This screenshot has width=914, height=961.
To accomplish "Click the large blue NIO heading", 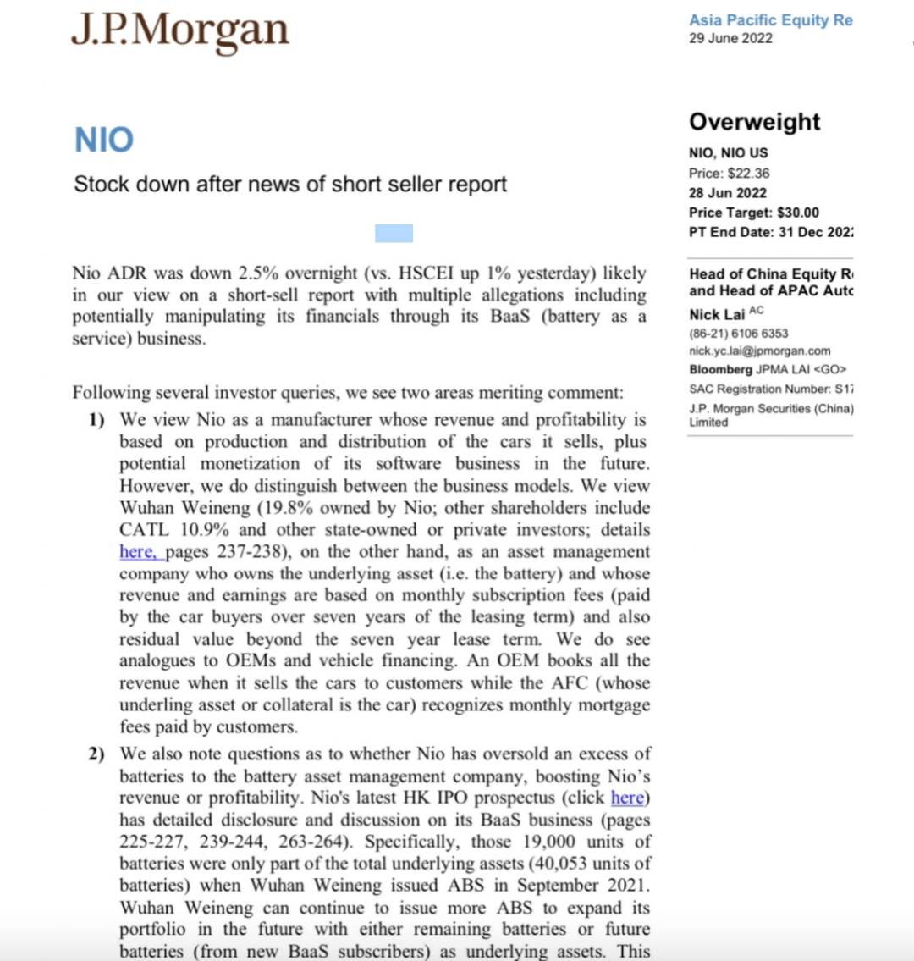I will [x=104, y=141].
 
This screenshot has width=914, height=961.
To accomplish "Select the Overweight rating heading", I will [x=754, y=122].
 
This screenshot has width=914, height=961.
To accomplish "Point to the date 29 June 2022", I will [x=730, y=38].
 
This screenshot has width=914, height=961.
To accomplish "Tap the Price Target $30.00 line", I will [x=753, y=213].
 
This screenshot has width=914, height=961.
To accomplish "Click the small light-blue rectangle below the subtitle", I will [x=394, y=233].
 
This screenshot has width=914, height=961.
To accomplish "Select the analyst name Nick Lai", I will [x=717, y=314].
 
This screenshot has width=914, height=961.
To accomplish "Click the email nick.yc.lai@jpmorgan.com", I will [x=759, y=351].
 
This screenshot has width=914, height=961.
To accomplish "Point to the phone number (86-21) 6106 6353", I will [x=738, y=334].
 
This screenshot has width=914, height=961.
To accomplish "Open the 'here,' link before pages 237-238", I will [x=137, y=552].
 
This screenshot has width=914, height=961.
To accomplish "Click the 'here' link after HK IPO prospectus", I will [x=627, y=798].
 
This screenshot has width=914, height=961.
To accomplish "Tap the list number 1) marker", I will [x=96, y=420].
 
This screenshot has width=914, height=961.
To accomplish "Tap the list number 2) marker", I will [x=96, y=754].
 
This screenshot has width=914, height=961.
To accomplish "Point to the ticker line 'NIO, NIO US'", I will [x=729, y=153].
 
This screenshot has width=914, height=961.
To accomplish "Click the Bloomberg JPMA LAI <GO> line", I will [x=768, y=369].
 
